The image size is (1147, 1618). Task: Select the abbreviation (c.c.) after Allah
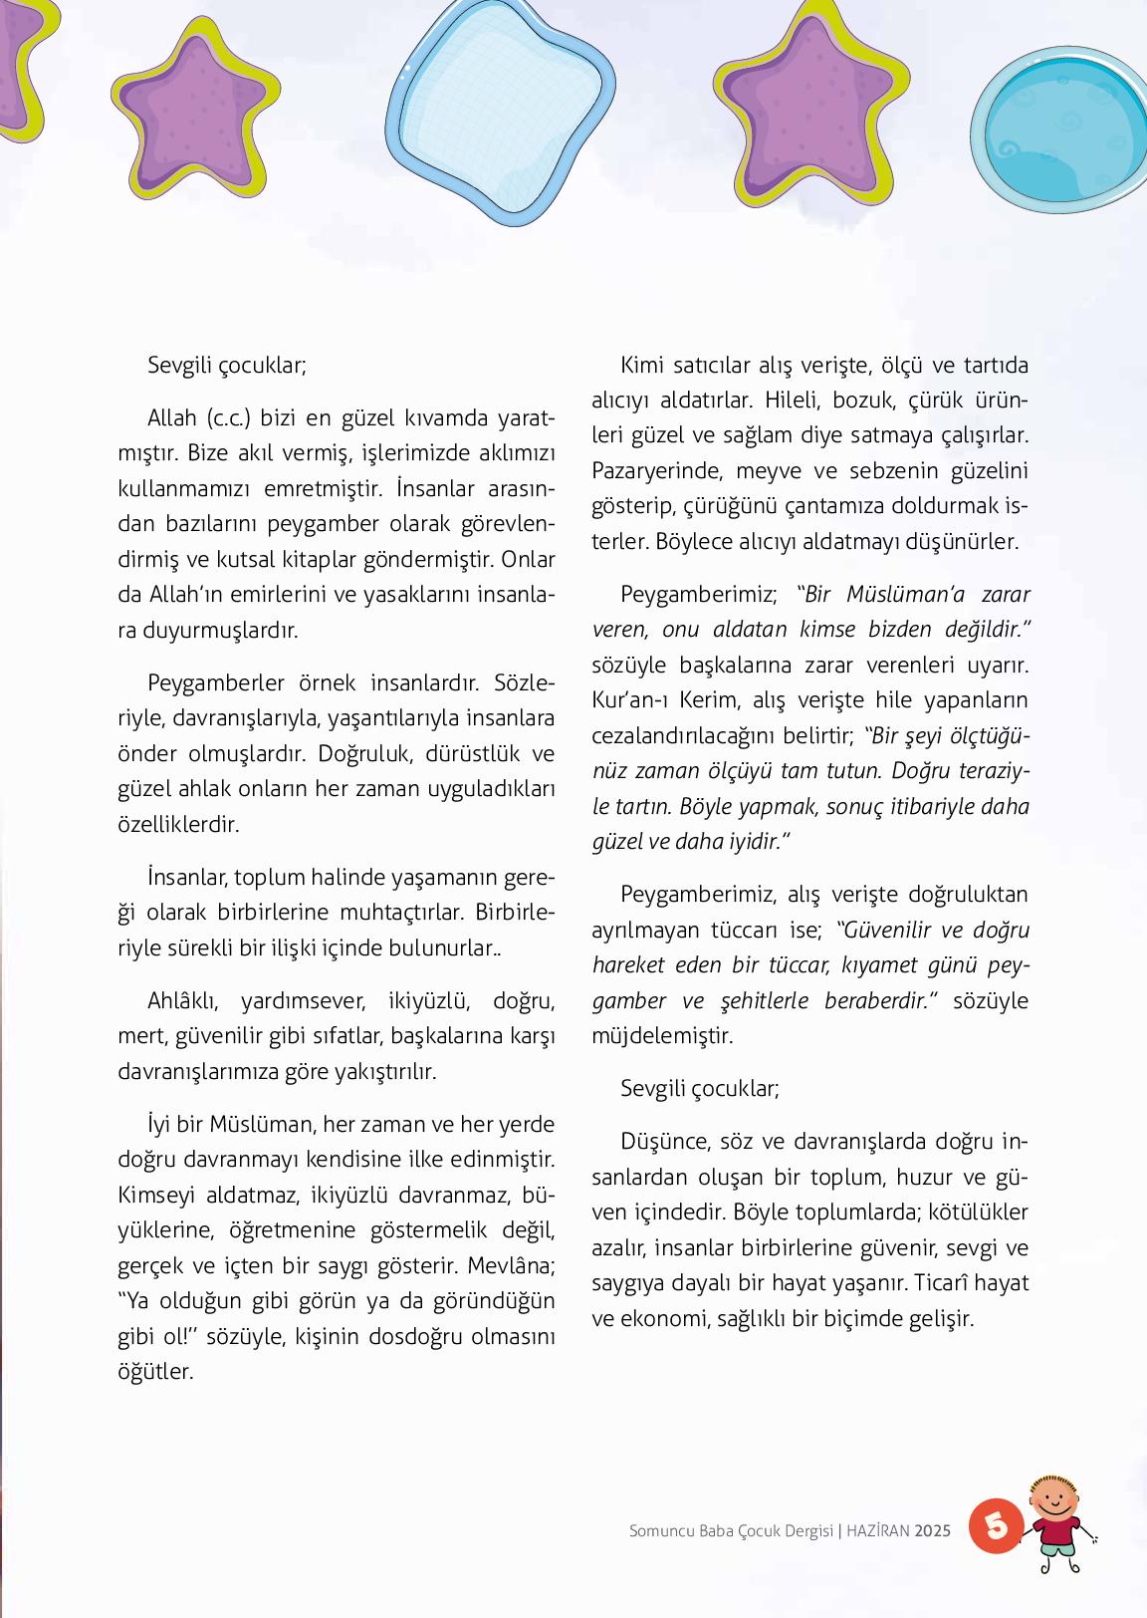click(228, 416)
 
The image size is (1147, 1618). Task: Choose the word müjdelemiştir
click(662, 1035)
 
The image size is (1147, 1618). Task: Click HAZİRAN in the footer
click(878, 1530)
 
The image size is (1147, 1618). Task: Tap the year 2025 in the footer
click(933, 1530)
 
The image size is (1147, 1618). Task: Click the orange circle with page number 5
click(996, 1524)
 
